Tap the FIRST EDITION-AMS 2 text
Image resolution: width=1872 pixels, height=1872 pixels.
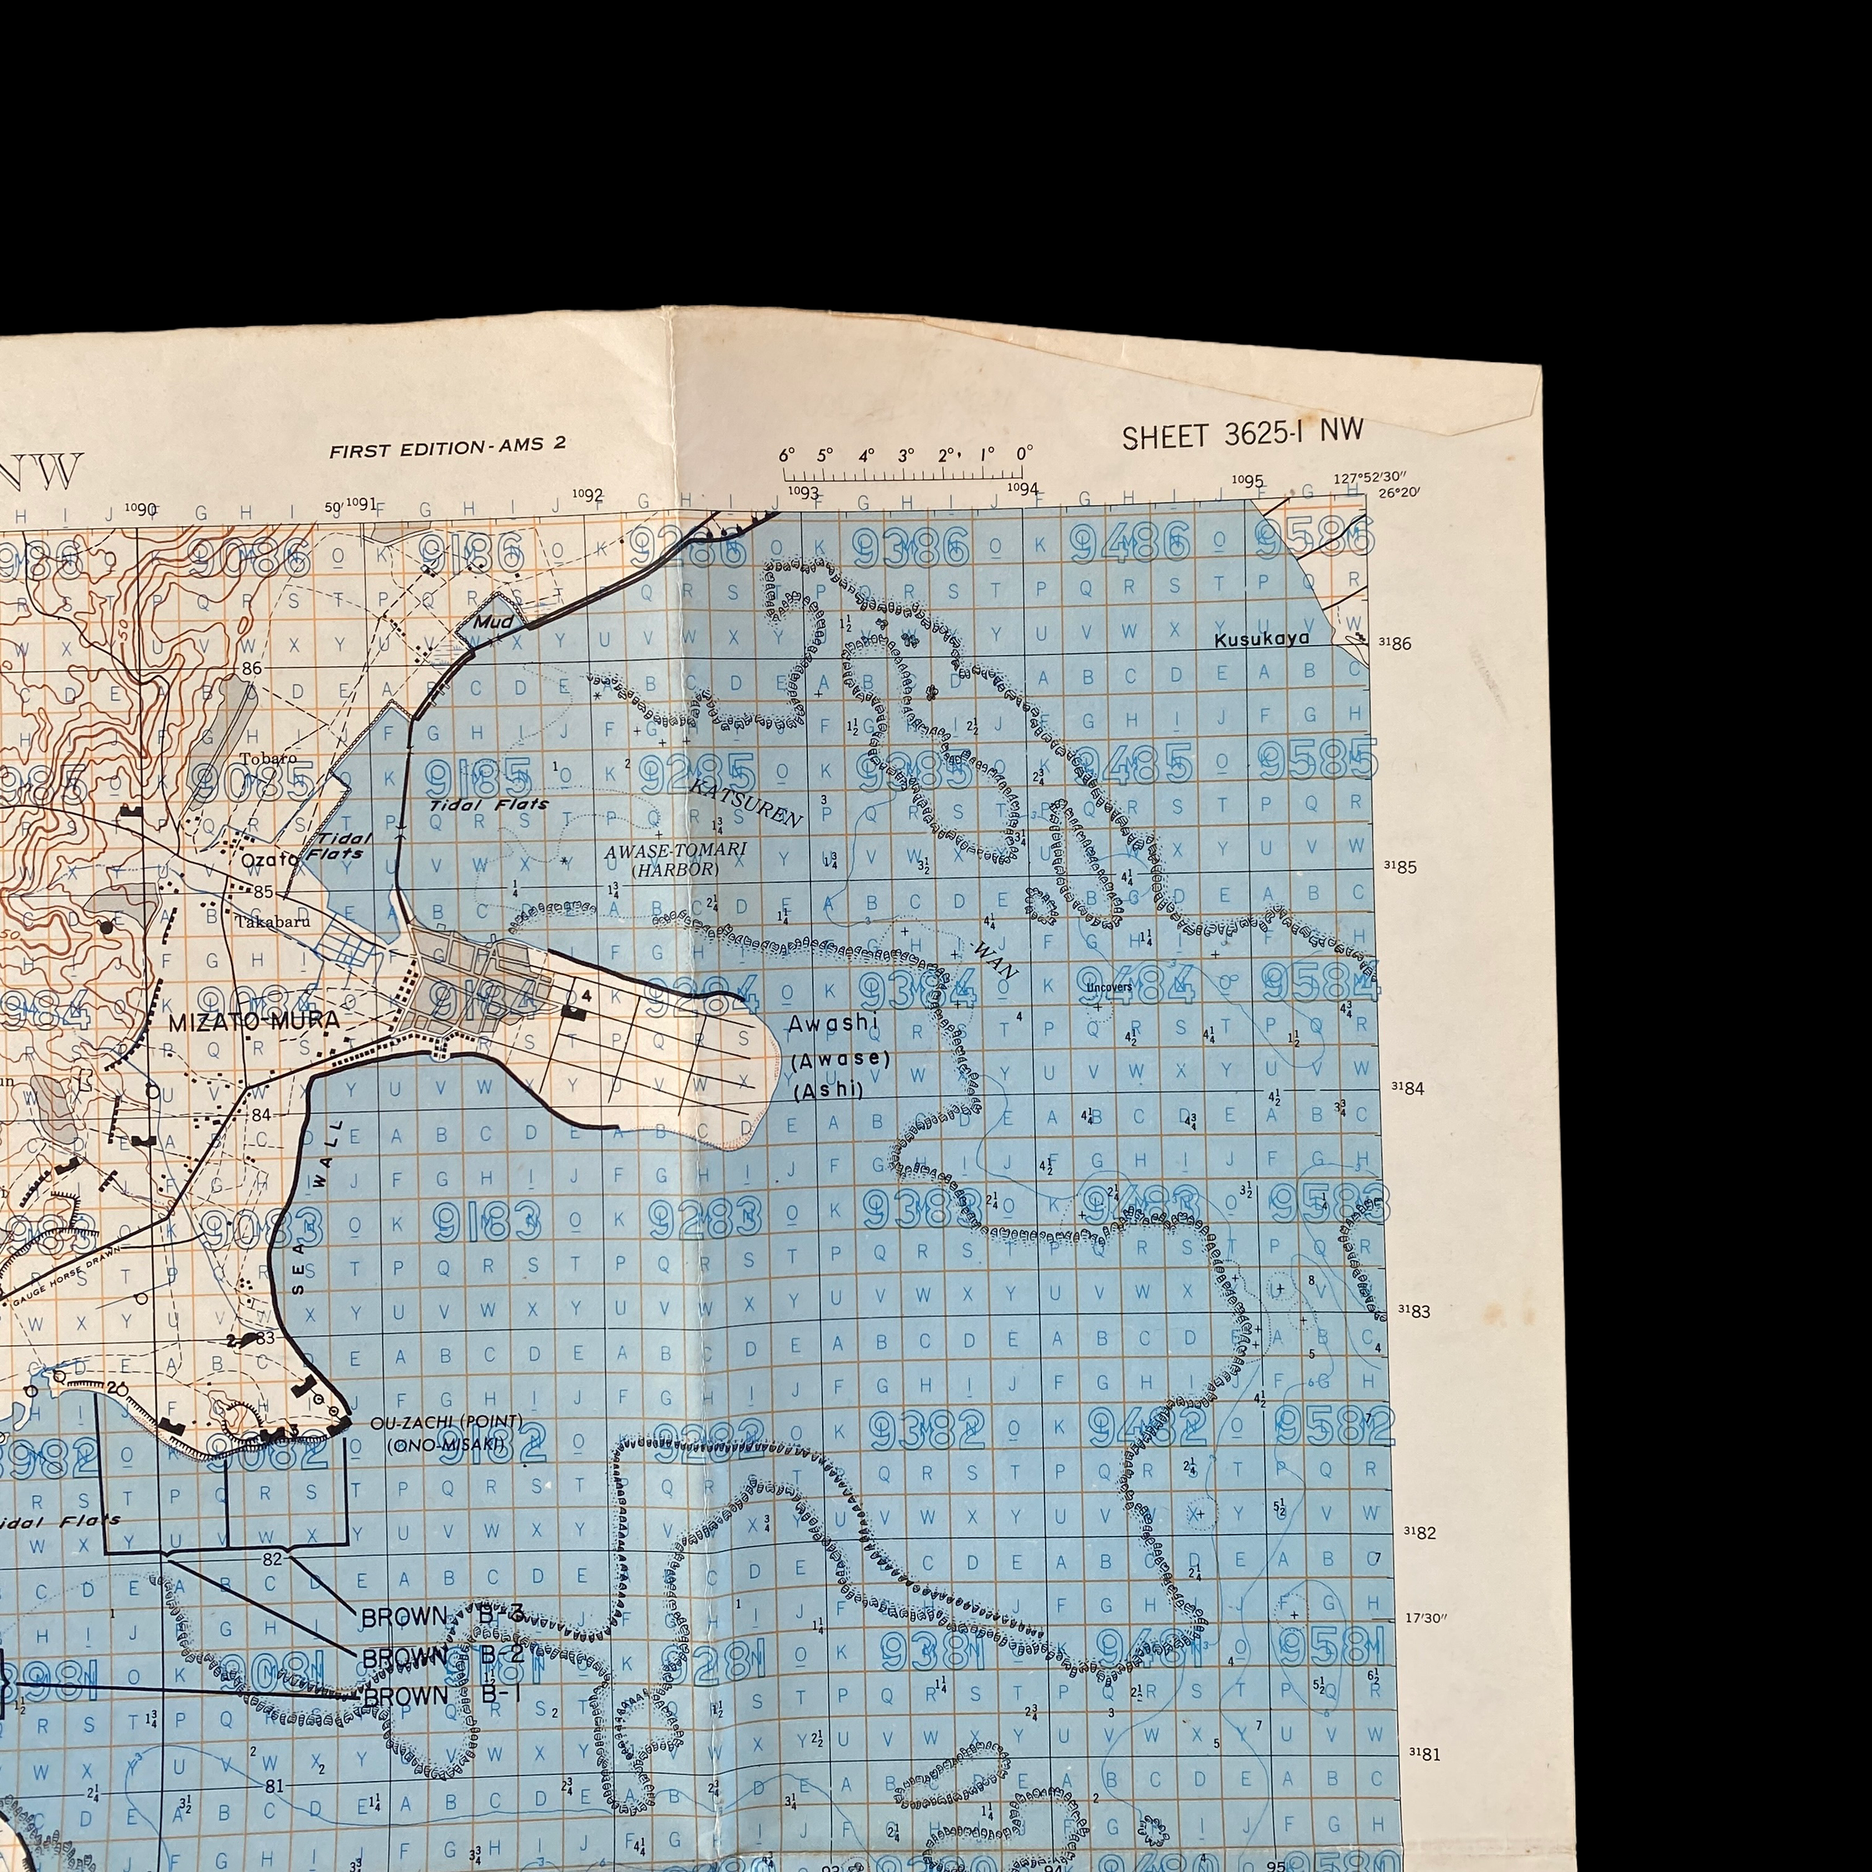point(447,448)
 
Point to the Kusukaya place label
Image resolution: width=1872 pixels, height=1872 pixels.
point(1260,639)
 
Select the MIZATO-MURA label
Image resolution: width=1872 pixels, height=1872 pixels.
point(253,1021)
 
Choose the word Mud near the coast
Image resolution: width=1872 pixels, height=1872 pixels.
point(493,621)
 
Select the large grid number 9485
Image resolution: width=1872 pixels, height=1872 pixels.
point(1135,764)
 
